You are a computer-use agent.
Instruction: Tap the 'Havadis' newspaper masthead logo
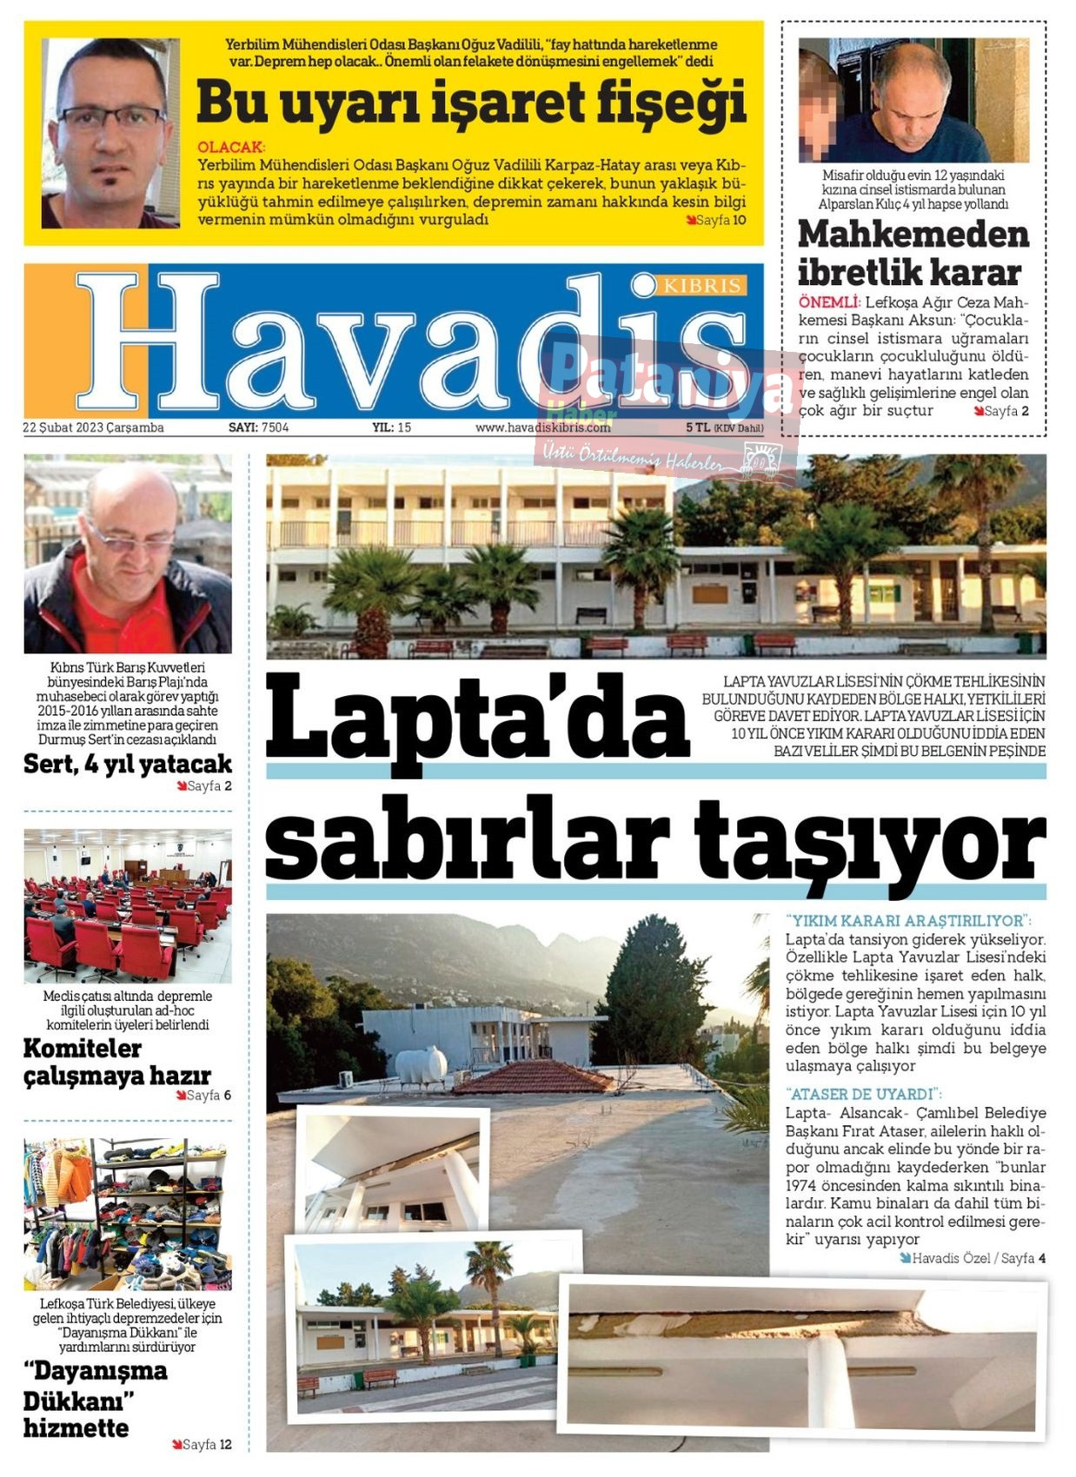coord(408,343)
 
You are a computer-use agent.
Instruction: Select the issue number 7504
coord(275,427)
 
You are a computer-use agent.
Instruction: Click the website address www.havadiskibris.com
coord(542,427)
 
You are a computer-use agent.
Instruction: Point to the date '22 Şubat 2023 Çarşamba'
coord(94,427)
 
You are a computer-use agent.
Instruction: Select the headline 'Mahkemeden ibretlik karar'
coord(913,253)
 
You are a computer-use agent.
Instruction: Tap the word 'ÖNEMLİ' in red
coord(828,302)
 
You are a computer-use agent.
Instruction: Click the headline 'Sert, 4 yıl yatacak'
coord(128,765)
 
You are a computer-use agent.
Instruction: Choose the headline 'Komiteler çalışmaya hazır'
coord(116,1062)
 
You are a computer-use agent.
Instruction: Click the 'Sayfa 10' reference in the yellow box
coord(720,221)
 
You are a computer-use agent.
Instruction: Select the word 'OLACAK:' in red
coord(231,148)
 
